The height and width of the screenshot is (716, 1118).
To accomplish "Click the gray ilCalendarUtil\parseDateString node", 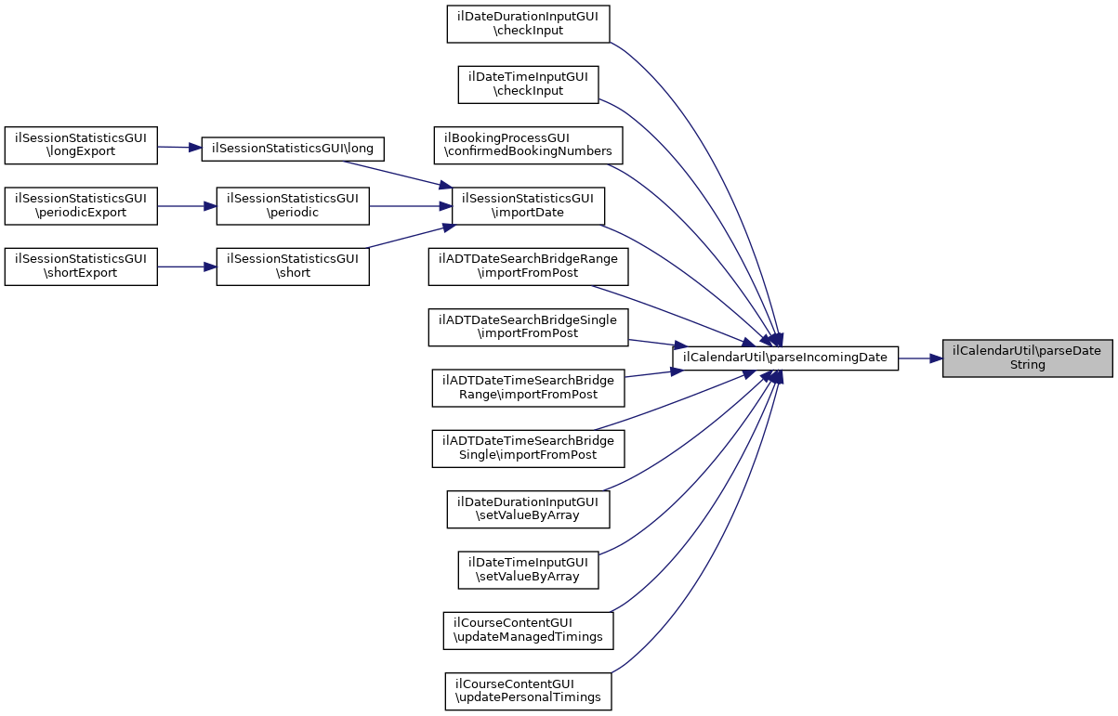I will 1027,358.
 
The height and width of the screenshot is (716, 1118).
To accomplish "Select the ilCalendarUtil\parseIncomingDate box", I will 784,358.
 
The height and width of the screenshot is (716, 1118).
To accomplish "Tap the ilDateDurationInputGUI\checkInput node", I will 528,23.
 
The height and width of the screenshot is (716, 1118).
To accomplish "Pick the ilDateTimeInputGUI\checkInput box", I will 528,84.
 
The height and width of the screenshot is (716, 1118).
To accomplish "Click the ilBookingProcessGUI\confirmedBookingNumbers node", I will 528,144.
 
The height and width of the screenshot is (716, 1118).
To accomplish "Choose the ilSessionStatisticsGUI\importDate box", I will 528,205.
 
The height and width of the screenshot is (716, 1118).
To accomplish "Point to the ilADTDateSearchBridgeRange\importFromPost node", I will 528,266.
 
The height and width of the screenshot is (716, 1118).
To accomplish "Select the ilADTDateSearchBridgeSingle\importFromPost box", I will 528,326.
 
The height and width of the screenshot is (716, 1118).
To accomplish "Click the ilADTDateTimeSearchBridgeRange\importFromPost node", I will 528,387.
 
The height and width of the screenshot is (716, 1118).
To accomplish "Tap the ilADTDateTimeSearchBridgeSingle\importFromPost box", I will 528,448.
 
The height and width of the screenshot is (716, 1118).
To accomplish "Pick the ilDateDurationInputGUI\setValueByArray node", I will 528,508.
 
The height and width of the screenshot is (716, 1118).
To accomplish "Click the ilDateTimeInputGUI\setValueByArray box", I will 528,569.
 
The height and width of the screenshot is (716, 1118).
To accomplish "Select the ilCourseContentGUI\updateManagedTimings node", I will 528,630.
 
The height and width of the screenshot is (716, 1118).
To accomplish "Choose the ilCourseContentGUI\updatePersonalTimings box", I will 528,690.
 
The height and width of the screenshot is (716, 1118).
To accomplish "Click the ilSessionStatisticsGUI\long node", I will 293,148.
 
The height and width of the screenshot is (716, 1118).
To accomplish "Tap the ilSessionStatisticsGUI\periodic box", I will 293,205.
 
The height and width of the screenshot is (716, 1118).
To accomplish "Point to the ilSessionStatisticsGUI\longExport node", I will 81,145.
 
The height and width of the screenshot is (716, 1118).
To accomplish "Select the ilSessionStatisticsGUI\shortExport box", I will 81,266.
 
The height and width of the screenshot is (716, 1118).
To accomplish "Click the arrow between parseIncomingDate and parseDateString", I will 920,358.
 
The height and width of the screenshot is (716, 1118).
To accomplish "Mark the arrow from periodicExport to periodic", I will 186,205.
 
